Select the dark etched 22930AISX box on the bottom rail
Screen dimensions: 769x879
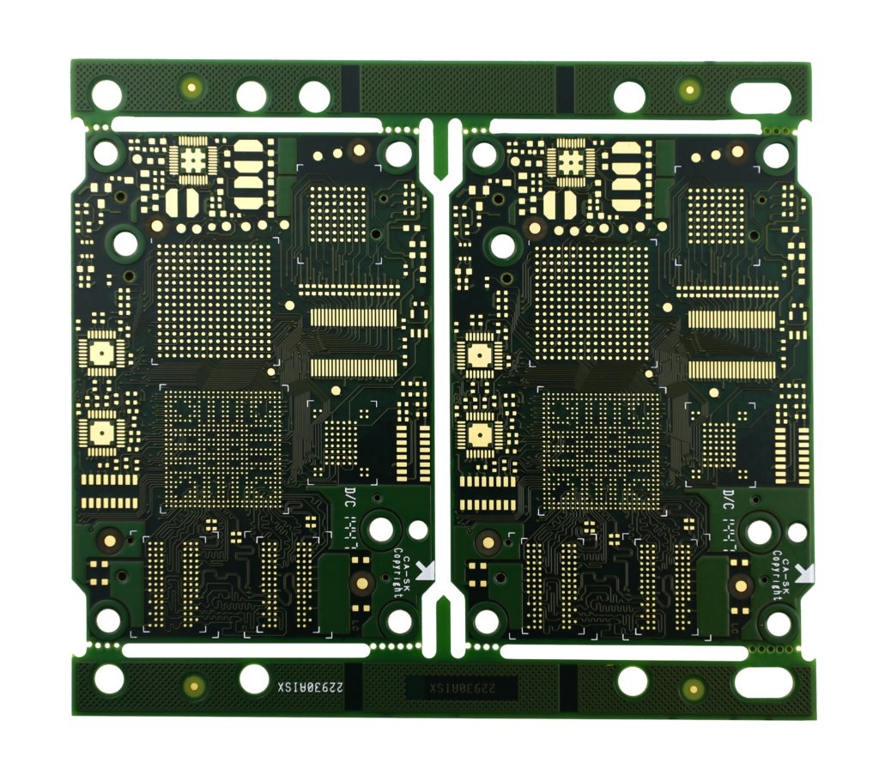click(461, 687)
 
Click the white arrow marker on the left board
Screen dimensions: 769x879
click(424, 569)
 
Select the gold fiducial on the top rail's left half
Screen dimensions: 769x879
click(191, 87)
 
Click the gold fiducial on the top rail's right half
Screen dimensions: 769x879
click(688, 89)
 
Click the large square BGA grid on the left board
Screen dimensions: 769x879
click(214, 300)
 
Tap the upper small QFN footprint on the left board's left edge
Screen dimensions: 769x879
click(101, 353)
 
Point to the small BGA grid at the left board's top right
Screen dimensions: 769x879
click(336, 214)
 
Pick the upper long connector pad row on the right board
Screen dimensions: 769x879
click(732, 319)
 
